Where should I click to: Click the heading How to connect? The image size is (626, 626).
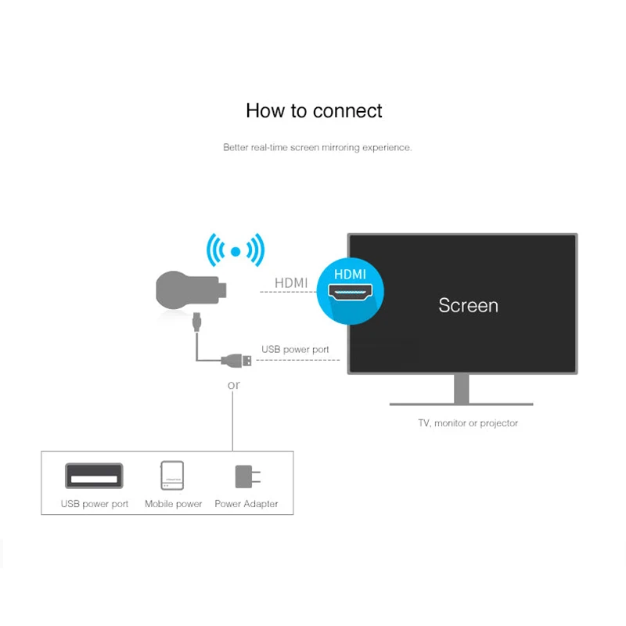(314, 110)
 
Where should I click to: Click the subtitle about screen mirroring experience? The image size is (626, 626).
(317, 147)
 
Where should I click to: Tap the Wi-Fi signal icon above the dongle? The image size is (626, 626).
(235, 251)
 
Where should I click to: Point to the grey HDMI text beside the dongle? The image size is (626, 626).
(291, 282)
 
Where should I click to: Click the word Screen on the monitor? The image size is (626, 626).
(468, 305)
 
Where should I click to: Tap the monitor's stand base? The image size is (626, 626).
(461, 403)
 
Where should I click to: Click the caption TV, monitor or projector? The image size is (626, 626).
(468, 423)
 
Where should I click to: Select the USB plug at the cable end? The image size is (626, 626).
(237, 360)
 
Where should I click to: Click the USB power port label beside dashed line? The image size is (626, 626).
(295, 349)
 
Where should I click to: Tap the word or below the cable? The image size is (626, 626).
(233, 385)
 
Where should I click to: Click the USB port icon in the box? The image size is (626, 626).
(94, 475)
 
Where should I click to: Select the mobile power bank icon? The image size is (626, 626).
(172, 476)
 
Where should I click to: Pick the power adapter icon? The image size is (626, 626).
(246, 477)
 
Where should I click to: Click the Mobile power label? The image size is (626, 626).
(174, 504)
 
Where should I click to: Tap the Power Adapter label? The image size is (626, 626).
(246, 504)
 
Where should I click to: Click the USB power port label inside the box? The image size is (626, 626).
(95, 504)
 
